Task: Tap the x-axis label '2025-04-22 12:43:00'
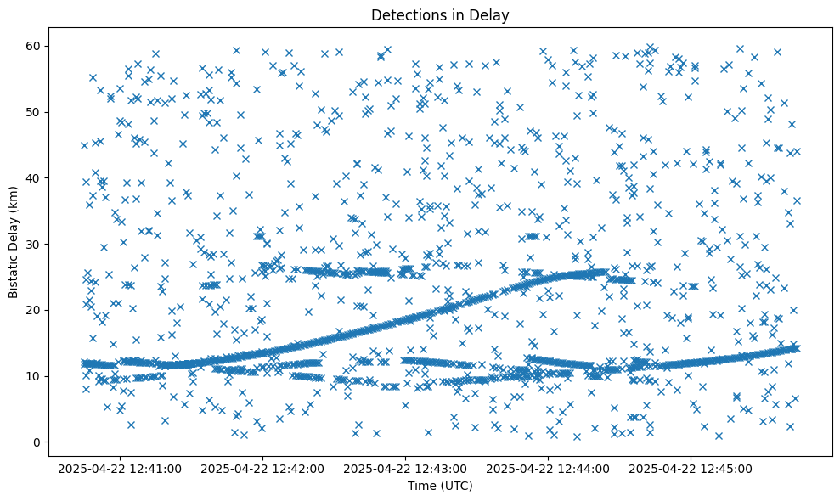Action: coord(406,468)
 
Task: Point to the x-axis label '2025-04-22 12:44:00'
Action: coord(549,468)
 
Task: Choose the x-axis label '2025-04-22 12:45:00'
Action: coord(691,468)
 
